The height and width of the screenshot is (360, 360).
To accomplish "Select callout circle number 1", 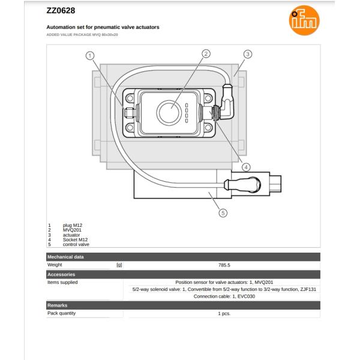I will (x=91, y=56).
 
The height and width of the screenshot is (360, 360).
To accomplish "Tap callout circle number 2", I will (x=206, y=53).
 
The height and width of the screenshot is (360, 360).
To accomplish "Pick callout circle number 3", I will (x=247, y=54).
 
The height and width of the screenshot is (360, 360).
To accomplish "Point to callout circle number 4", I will (x=246, y=167).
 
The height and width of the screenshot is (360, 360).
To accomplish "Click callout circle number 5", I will (x=223, y=212).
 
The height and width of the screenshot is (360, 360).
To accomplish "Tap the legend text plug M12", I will (x=73, y=225).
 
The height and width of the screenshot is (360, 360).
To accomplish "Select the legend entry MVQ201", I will (x=72, y=230).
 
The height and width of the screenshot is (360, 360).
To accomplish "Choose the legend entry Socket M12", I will (x=75, y=240).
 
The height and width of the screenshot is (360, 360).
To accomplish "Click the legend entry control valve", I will (x=76, y=245).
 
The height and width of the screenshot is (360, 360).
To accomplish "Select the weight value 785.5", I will (x=224, y=265).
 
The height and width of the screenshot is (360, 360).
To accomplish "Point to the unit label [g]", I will (x=119, y=265).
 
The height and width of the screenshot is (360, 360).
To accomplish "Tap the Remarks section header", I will (x=58, y=305).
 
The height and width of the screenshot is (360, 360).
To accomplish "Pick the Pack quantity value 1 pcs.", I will (x=224, y=313).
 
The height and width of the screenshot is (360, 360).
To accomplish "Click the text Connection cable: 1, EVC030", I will (x=224, y=296).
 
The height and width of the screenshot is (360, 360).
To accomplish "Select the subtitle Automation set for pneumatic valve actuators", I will (x=103, y=28).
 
